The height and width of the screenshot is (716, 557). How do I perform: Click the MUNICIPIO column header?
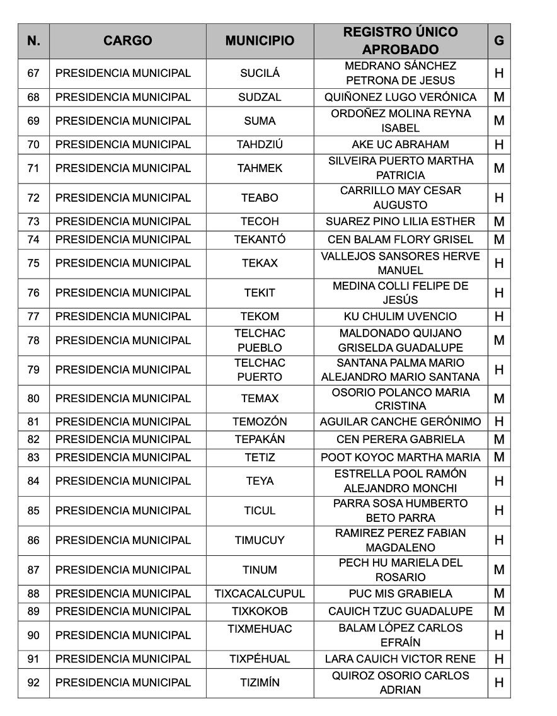pos(260,41)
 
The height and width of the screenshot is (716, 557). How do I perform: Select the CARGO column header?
pos(127,41)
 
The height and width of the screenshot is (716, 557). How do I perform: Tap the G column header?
pos(499,41)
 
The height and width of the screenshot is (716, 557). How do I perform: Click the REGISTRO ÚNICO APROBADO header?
pos(401,41)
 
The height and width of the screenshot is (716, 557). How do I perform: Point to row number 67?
pos(33,73)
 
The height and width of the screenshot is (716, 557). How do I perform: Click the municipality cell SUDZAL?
pos(260,97)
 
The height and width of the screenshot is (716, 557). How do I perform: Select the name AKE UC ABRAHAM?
pos(401,144)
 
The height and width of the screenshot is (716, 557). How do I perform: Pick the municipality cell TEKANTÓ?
pos(260,240)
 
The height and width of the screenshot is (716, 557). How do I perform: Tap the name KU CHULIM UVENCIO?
pos(401,316)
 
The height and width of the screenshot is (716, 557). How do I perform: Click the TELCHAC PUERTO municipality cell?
pos(260,370)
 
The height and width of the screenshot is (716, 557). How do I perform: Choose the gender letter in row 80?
pos(499,399)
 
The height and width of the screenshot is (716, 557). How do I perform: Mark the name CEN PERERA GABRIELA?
pos(401,439)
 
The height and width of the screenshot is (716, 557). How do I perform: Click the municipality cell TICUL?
pos(260,511)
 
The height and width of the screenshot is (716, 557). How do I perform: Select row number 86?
pos(33,540)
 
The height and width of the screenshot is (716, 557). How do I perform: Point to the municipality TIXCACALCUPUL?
pos(260,594)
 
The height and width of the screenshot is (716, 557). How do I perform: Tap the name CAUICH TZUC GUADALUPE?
pos(401,611)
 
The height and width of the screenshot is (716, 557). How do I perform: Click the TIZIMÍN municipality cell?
pos(260,683)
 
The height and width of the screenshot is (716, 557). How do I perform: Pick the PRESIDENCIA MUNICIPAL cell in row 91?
pos(123,659)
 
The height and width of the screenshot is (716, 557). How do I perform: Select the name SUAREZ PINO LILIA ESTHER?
pos(401,222)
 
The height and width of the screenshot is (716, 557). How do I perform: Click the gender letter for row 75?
pos(499,263)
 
